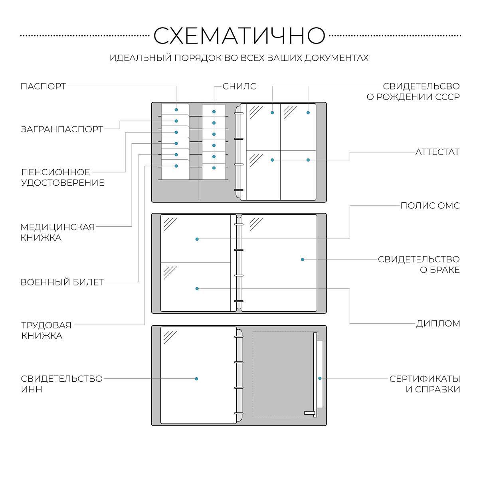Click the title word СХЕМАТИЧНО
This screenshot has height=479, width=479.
click(x=239, y=36)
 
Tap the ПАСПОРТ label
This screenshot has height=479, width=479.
click(x=43, y=86)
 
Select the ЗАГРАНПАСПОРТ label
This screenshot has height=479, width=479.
click(x=62, y=129)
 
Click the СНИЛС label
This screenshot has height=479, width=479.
click(x=239, y=86)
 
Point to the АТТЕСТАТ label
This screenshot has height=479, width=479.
click(x=437, y=152)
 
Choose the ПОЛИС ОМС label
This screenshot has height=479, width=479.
click(x=430, y=206)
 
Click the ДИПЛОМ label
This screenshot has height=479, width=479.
click(x=438, y=323)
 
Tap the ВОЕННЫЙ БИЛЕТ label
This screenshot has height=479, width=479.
click(x=62, y=282)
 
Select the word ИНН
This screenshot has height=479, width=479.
click(x=32, y=389)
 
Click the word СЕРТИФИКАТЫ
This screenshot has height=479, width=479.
click(x=425, y=378)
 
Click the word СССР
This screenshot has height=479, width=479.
click(x=447, y=97)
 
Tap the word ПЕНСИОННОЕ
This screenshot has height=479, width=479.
click(x=55, y=172)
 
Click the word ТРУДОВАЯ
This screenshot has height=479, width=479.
click(x=46, y=325)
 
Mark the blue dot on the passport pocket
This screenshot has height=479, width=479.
click(x=176, y=110)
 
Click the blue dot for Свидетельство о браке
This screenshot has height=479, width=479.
click(x=303, y=259)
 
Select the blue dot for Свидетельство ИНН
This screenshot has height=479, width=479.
click(x=196, y=378)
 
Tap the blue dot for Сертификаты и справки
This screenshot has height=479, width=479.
click(x=320, y=378)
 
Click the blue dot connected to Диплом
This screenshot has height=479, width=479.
click(x=197, y=288)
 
